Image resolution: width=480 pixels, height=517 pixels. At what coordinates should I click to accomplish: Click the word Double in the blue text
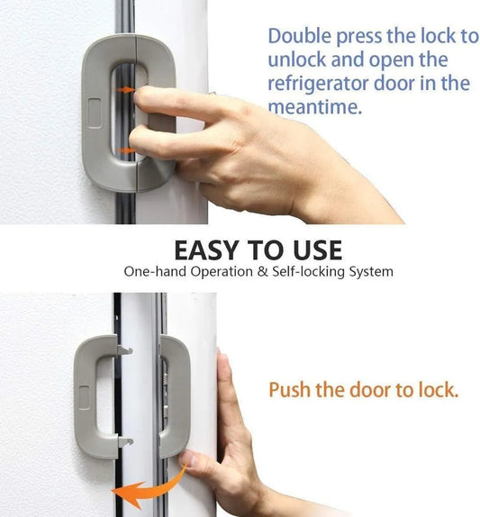pyautogui.click(x=300, y=37)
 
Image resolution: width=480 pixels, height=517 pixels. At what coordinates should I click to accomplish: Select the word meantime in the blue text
pyautogui.click(x=312, y=106)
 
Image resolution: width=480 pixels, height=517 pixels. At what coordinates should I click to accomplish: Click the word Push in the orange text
pyautogui.click(x=288, y=391)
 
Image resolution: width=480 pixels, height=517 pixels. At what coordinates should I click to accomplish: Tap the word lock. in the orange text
pyautogui.click(x=435, y=391)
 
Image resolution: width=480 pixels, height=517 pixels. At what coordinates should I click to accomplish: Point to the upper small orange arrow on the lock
pyautogui.click(x=129, y=90)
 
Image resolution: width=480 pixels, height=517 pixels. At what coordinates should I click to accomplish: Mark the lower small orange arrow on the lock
pyautogui.click(x=129, y=150)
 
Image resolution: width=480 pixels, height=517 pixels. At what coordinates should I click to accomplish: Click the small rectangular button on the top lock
pyautogui.click(x=96, y=113)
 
